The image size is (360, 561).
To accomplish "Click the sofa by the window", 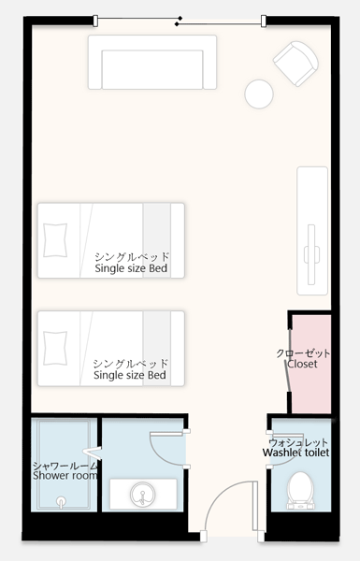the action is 152,63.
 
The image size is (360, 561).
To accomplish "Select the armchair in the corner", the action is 296,64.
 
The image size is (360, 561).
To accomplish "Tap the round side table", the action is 259,94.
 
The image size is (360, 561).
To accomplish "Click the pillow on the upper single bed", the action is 55,240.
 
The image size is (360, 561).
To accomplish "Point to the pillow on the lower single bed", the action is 55,348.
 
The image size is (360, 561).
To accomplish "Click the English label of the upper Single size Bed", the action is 131,268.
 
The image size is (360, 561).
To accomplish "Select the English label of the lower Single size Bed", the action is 130,375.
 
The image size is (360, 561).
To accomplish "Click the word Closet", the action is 302,364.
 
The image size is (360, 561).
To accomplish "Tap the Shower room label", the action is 65,476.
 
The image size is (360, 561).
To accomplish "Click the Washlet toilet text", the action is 295,453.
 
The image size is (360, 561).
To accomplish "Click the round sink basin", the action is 143,494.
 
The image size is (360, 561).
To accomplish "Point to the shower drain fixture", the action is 61,501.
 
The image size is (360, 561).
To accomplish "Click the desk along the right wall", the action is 312,231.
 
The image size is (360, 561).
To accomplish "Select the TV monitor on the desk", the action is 311,254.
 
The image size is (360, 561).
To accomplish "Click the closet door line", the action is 288,361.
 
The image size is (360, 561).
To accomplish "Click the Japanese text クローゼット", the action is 303,353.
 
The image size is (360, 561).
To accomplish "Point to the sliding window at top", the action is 180,21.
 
